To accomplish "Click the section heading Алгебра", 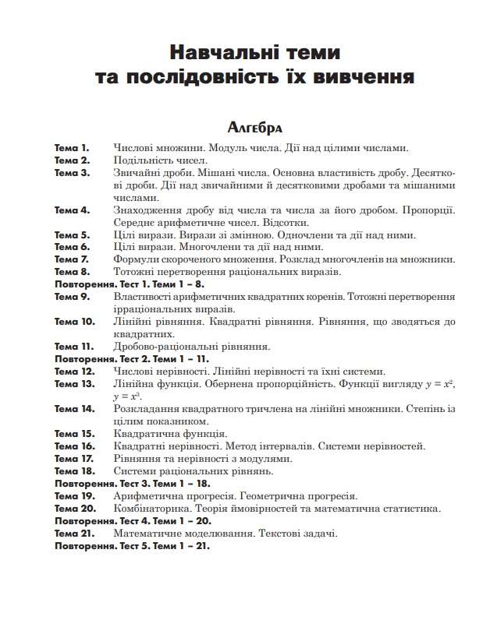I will pos(253,127).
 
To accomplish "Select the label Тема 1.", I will pos(72,147).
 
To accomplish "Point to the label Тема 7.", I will pos(72,259).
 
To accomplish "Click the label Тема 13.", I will pos(74,383).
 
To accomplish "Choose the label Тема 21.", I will pos(74,534).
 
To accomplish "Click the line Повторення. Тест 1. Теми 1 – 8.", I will pos(129,284).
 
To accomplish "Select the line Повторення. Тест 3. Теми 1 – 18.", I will pos(132,484).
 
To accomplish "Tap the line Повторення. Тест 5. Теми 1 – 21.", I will pos(132,546).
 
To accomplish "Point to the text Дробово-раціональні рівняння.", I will pos(192,346).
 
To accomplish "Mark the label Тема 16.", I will pos(74,446).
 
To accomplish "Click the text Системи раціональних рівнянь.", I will pos(194,471).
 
